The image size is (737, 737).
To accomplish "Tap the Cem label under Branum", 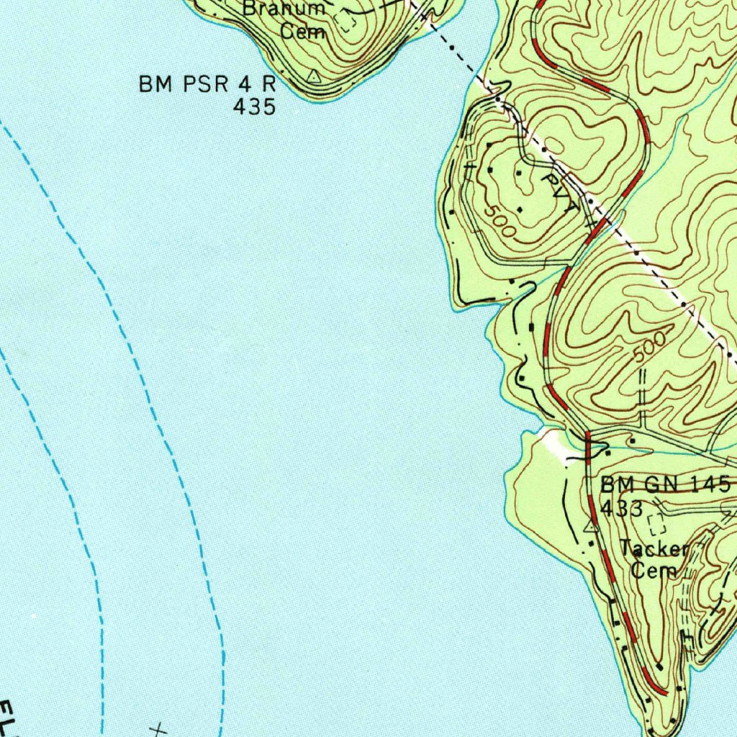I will coord(303,32).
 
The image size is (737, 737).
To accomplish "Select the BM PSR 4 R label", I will coord(207,84).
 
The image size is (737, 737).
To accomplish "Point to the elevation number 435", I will coord(254,107).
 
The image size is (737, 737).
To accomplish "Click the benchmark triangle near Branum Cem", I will coord(312,75).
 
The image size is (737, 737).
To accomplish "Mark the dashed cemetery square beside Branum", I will coord(348,22).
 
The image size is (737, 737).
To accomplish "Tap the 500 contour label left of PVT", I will coord(499,221).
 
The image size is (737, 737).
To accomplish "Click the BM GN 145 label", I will coord(666,484).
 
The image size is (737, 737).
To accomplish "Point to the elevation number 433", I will coord(621,508).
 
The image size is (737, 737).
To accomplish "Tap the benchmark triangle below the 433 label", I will coord(591,527).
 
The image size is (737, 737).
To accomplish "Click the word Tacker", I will coord(654,550).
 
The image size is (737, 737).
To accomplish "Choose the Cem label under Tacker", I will coord(654,571).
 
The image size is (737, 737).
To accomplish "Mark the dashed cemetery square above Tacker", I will coord(655,523).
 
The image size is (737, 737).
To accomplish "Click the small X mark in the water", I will coord(158,729).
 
